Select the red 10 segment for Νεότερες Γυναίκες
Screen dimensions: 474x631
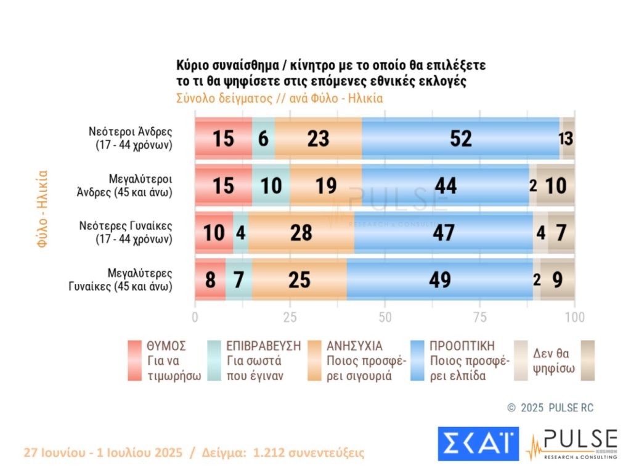[214, 233]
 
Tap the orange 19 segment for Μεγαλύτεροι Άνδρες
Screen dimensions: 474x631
[325, 186]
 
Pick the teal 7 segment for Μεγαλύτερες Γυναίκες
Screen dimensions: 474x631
[239, 280]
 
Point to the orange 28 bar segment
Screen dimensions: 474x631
[301, 233]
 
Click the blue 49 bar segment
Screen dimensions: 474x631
[440, 280]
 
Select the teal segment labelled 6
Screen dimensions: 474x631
[263, 139]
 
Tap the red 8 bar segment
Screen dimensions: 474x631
[210, 280]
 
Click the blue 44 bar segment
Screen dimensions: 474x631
[445, 186]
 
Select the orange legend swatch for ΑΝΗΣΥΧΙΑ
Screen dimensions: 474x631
[318, 361]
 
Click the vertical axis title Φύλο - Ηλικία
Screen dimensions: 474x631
[43, 209]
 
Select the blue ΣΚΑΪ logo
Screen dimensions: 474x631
[478, 443]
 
